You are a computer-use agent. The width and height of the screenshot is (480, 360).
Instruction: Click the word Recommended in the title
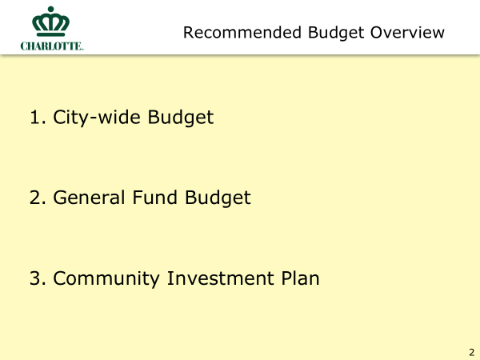[x=242, y=33]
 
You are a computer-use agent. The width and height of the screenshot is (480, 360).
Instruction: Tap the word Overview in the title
[x=407, y=33]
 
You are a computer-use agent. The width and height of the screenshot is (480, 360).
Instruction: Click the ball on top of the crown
[x=51, y=9]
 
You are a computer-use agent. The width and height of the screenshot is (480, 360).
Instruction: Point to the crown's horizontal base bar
[x=51, y=34]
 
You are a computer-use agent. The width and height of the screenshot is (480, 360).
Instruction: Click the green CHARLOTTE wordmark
[x=52, y=46]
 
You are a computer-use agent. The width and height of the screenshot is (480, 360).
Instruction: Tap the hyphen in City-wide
[x=93, y=118]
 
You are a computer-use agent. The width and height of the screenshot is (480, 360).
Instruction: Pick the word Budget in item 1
[x=181, y=118]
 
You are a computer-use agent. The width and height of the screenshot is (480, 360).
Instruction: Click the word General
[x=89, y=198]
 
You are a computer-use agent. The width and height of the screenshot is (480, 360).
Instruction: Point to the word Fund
[x=154, y=197]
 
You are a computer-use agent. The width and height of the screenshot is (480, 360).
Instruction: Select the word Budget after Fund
[x=218, y=198]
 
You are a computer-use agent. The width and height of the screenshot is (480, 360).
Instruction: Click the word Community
[x=106, y=278]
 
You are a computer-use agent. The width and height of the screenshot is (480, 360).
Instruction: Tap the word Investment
[x=221, y=278]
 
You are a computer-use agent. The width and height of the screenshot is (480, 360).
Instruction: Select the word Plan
[x=300, y=278]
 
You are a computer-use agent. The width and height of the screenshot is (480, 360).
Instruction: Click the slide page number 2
[x=472, y=352]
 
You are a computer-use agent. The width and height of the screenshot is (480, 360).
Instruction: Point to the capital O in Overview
[x=377, y=33]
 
